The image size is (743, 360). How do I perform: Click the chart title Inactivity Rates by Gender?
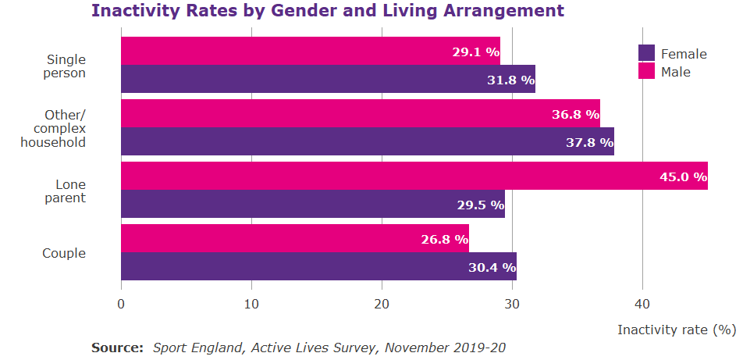(327, 11)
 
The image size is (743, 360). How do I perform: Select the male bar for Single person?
(310, 51)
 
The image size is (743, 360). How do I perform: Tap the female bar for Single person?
(328, 79)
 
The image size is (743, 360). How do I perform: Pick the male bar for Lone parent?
(414, 176)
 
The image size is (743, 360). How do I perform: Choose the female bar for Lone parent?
(312, 204)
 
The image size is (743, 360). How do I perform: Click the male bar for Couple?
(294, 238)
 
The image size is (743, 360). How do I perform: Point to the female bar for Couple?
(318, 266)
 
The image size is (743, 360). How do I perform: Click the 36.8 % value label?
(575, 114)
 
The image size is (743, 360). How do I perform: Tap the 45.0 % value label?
(683, 176)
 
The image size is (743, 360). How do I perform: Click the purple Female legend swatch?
(646, 53)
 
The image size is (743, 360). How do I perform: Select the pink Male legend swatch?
(646, 71)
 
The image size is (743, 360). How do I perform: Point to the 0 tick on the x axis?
(121, 304)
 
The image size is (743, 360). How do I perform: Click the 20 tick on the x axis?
(382, 304)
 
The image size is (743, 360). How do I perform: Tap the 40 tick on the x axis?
(642, 304)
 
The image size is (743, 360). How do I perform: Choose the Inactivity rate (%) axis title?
(676, 330)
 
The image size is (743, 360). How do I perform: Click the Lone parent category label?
(70, 191)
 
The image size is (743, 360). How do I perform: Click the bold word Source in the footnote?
(117, 347)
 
